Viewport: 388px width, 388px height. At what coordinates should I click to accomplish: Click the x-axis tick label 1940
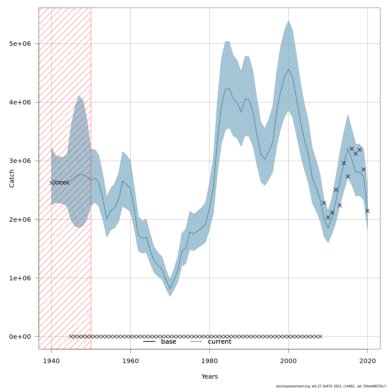pyautogui.click(x=51, y=361)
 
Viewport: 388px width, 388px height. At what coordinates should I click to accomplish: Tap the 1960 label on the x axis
pyautogui.click(x=130, y=361)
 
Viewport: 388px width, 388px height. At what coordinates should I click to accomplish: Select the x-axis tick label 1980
pyautogui.click(x=210, y=361)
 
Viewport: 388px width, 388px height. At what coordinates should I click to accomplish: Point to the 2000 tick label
pyautogui.click(x=288, y=361)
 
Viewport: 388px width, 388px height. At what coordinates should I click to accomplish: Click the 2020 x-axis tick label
pyautogui.click(x=368, y=361)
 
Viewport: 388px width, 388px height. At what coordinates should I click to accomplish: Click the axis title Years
pyautogui.click(x=210, y=377)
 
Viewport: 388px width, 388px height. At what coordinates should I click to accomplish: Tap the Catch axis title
pyautogui.click(x=12, y=178)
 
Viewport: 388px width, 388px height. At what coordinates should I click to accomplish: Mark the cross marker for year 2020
pyautogui.click(x=368, y=211)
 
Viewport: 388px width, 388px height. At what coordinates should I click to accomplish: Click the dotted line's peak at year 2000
pyautogui.click(x=288, y=69)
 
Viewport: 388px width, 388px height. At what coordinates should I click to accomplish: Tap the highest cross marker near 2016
pyautogui.click(x=352, y=149)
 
